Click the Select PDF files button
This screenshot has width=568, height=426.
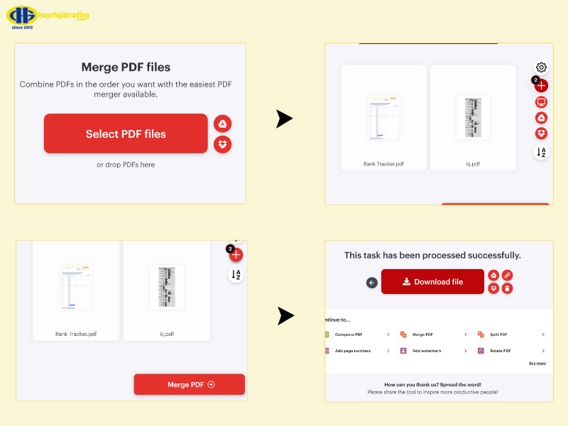pyautogui.click(x=126, y=133)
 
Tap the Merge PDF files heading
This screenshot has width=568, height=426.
pyautogui.click(x=126, y=67)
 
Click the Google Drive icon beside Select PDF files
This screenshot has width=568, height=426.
pyautogui.click(x=222, y=124)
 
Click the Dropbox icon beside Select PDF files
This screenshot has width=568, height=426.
pyautogui.click(x=222, y=144)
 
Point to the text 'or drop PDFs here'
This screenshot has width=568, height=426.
pyautogui.click(x=126, y=165)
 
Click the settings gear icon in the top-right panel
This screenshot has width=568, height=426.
pyautogui.click(x=541, y=67)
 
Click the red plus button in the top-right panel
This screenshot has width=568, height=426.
pyautogui.click(x=542, y=86)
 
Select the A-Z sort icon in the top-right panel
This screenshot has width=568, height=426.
pyautogui.click(x=541, y=152)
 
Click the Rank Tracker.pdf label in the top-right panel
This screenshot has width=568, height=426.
pyautogui.click(x=383, y=164)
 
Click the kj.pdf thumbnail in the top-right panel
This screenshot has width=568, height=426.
pyautogui.click(x=473, y=117)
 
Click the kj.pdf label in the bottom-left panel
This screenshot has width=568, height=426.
pyautogui.click(x=166, y=333)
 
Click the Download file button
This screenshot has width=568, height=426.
pyautogui.click(x=432, y=282)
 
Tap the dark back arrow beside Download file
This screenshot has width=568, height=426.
pyautogui.click(x=371, y=283)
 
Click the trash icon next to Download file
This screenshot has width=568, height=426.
pyautogui.click(x=507, y=288)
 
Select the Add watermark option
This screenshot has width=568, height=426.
pyautogui.click(x=426, y=351)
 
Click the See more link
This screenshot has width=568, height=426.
pyautogui.click(x=537, y=363)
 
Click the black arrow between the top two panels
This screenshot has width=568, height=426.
pyautogui.click(x=284, y=119)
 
